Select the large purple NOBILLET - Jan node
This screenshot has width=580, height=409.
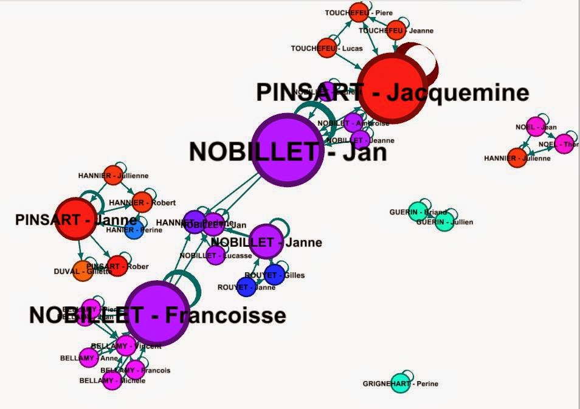coord(286,149)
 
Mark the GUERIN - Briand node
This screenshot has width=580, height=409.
coord(416,211)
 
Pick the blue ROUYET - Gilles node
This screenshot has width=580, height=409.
coord(274,274)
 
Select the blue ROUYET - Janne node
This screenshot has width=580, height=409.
coord(247,287)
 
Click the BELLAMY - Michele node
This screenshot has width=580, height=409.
coord(112,380)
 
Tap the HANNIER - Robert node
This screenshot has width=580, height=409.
coord(142,202)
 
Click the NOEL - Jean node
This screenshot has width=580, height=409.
coord(536,127)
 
